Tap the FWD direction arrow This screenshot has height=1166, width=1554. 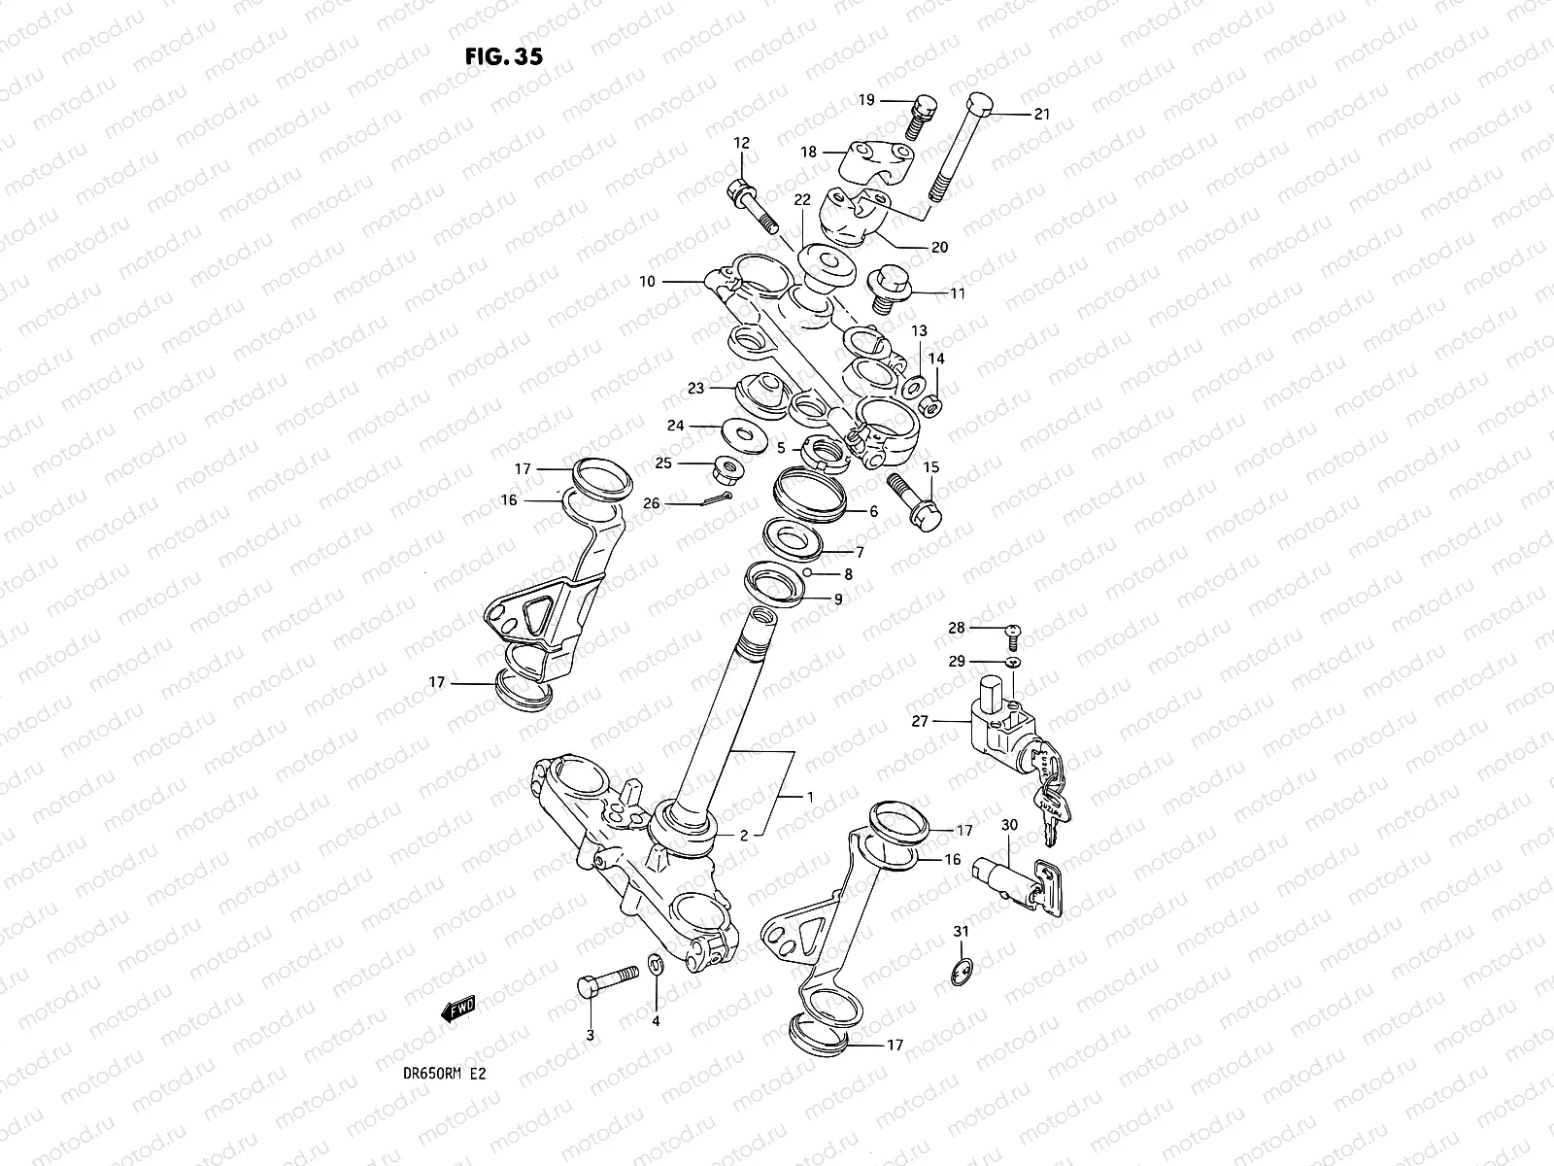[456, 1012]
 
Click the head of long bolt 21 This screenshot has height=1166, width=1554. [980, 104]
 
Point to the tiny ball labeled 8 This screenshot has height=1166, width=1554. [806, 573]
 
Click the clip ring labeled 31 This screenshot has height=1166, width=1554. [959, 973]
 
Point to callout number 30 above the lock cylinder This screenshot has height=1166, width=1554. [1009, 825]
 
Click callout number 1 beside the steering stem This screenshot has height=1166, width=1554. [809, 797]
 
